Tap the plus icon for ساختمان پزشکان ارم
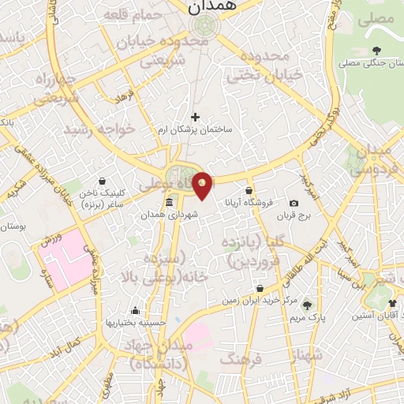(x=195, y=117)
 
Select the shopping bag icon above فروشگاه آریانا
(x=249, y=190)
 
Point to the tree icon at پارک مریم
(x=307, y=305)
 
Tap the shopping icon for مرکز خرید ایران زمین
(x=260, y=289)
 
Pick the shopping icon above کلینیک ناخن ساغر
(x=103, y=181)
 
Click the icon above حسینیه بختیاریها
(x=136, y=310)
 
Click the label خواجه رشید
(x=99, y=129)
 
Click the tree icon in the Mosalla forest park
(x=380, y=50)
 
